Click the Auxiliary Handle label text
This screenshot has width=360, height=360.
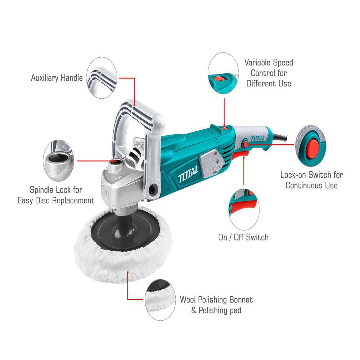click(x=57, y=78)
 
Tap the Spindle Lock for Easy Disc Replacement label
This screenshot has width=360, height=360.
click(x=56, y=195)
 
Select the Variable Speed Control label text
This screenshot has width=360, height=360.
click(x=269, y=73)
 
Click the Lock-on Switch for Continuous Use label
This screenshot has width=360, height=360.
click(x=311, y=180)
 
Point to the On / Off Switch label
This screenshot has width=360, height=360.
click(x=243, y=237)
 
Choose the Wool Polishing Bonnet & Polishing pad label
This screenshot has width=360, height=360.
click(x=216, y=305)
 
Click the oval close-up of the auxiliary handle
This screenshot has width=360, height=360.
click(x=102, y=78)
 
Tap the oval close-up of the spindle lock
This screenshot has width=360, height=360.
click(x=58, y=161)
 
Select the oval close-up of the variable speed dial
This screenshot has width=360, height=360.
click(x=223, y=73)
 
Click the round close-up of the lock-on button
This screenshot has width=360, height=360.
click(x=311, y=146)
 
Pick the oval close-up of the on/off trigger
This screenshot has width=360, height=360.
click(x=244, y=210)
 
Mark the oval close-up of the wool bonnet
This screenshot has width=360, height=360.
click(x=160, y=300)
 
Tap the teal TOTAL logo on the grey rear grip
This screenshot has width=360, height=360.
click(x=257, y=138)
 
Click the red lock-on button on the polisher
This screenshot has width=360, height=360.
click(x=246, y=144)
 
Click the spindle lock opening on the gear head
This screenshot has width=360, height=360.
click(x=116, y=162)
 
